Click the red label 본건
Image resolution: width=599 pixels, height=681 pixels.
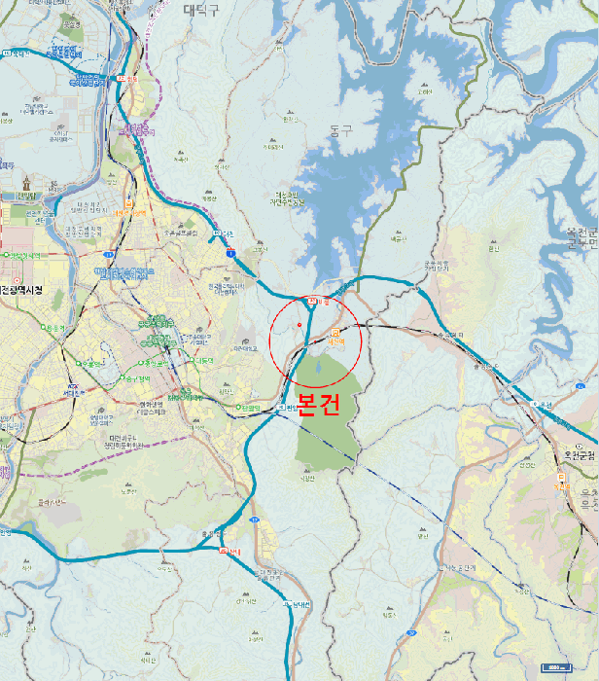[x=318, y=403]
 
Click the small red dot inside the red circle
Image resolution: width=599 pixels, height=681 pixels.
[x=299, y=323]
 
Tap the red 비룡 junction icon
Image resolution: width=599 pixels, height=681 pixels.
[x=311, y=301]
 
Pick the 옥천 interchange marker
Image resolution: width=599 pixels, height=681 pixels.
[x=533, y=404]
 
